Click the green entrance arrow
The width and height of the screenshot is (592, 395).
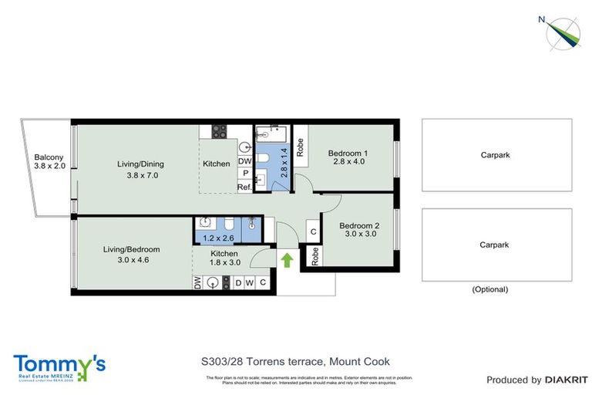click(x=287, y=261)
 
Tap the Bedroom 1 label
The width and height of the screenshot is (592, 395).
click(x=347, y=157)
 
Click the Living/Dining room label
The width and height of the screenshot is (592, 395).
click(x=140, y=169)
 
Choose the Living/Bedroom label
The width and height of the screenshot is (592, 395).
click(x=132, y=255)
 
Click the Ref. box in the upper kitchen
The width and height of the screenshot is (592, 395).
click(x=244, y=187)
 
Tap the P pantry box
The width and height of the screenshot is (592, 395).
click(x=244, y=174)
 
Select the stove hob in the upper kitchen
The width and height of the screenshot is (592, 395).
click(x=217, y=131)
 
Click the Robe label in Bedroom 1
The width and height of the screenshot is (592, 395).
click(x=300, y=146)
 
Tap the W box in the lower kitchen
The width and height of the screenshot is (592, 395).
click(x=250, y=283)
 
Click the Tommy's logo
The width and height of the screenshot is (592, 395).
click(x=59, y=366)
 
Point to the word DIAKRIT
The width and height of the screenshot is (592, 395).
click(x=567, y=380)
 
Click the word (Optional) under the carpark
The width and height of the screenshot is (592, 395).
click(x=489, y=290)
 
